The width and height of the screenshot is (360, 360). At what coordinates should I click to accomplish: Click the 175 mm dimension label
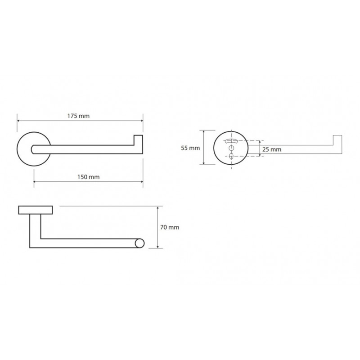click(78, 116)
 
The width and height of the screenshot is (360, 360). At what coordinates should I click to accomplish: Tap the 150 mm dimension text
click(88, 177)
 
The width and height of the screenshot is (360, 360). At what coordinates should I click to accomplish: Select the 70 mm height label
click(170, 227)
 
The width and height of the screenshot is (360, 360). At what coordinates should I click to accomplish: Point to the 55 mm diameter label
click(190, 148)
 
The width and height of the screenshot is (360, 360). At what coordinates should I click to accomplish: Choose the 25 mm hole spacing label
click(272, 149)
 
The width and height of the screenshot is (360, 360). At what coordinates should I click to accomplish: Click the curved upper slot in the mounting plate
click(231, 141)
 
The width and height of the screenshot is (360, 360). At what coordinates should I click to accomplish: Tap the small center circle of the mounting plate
click(231, 148)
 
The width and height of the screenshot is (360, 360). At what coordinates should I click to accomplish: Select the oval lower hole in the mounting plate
click(231, 156)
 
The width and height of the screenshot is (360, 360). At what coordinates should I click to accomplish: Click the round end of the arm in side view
click(139, 243)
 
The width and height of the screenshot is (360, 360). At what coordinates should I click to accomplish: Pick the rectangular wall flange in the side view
click(36, 210)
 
